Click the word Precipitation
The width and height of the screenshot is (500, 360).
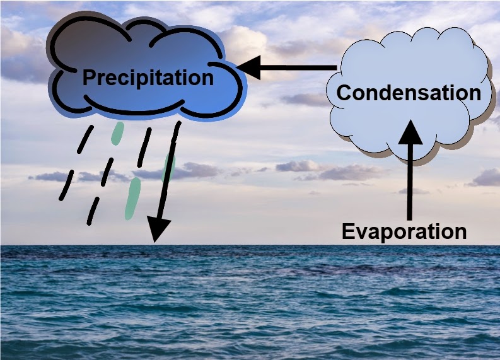click(148, 78)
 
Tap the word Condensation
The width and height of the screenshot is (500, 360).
click(409, 93)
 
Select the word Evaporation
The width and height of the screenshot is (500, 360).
click(404, 231)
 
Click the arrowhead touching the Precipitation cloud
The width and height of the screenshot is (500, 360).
click(250, 67)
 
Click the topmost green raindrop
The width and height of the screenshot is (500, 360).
click(117, 133)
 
